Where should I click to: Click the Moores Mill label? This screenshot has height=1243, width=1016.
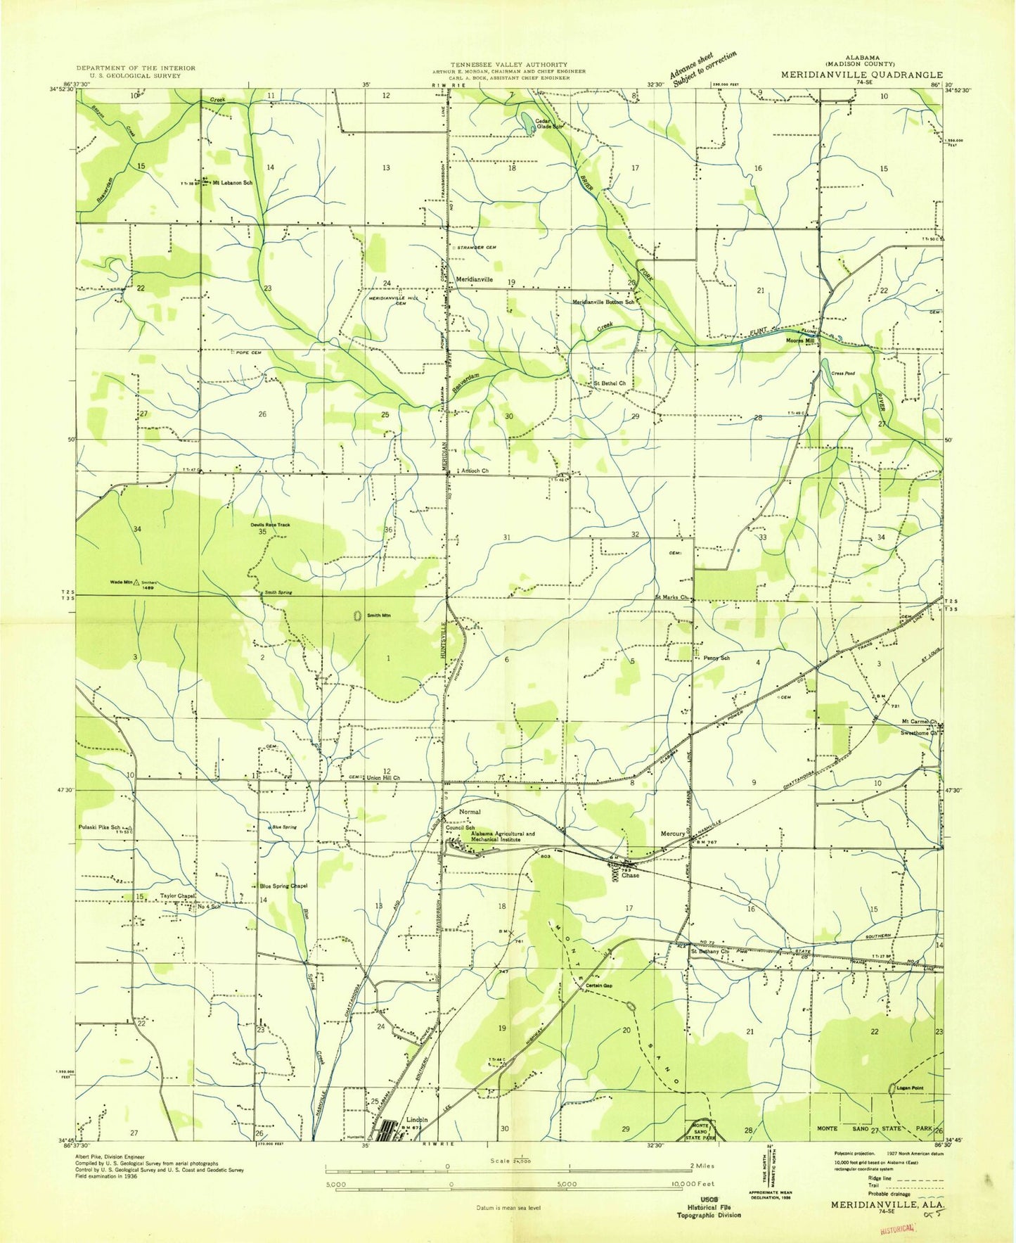click(x=800, y=340)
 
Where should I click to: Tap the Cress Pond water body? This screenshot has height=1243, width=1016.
click(x=828, y=374)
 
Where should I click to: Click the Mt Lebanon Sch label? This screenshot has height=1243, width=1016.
click(x=232, y=182)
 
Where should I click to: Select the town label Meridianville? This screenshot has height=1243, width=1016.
click(x=475, y=279)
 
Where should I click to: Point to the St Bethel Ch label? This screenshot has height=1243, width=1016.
click(x=610, y=383)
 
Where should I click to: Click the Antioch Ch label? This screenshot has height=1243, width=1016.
click(x=475, y=471)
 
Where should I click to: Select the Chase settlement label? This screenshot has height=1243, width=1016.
click(x=630, y=876)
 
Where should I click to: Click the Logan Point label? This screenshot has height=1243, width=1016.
click(x=910, y=1088)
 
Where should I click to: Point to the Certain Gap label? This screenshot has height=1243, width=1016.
click(x=599, y=986)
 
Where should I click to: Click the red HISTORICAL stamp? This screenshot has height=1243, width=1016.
click(x=896, y=1228)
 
